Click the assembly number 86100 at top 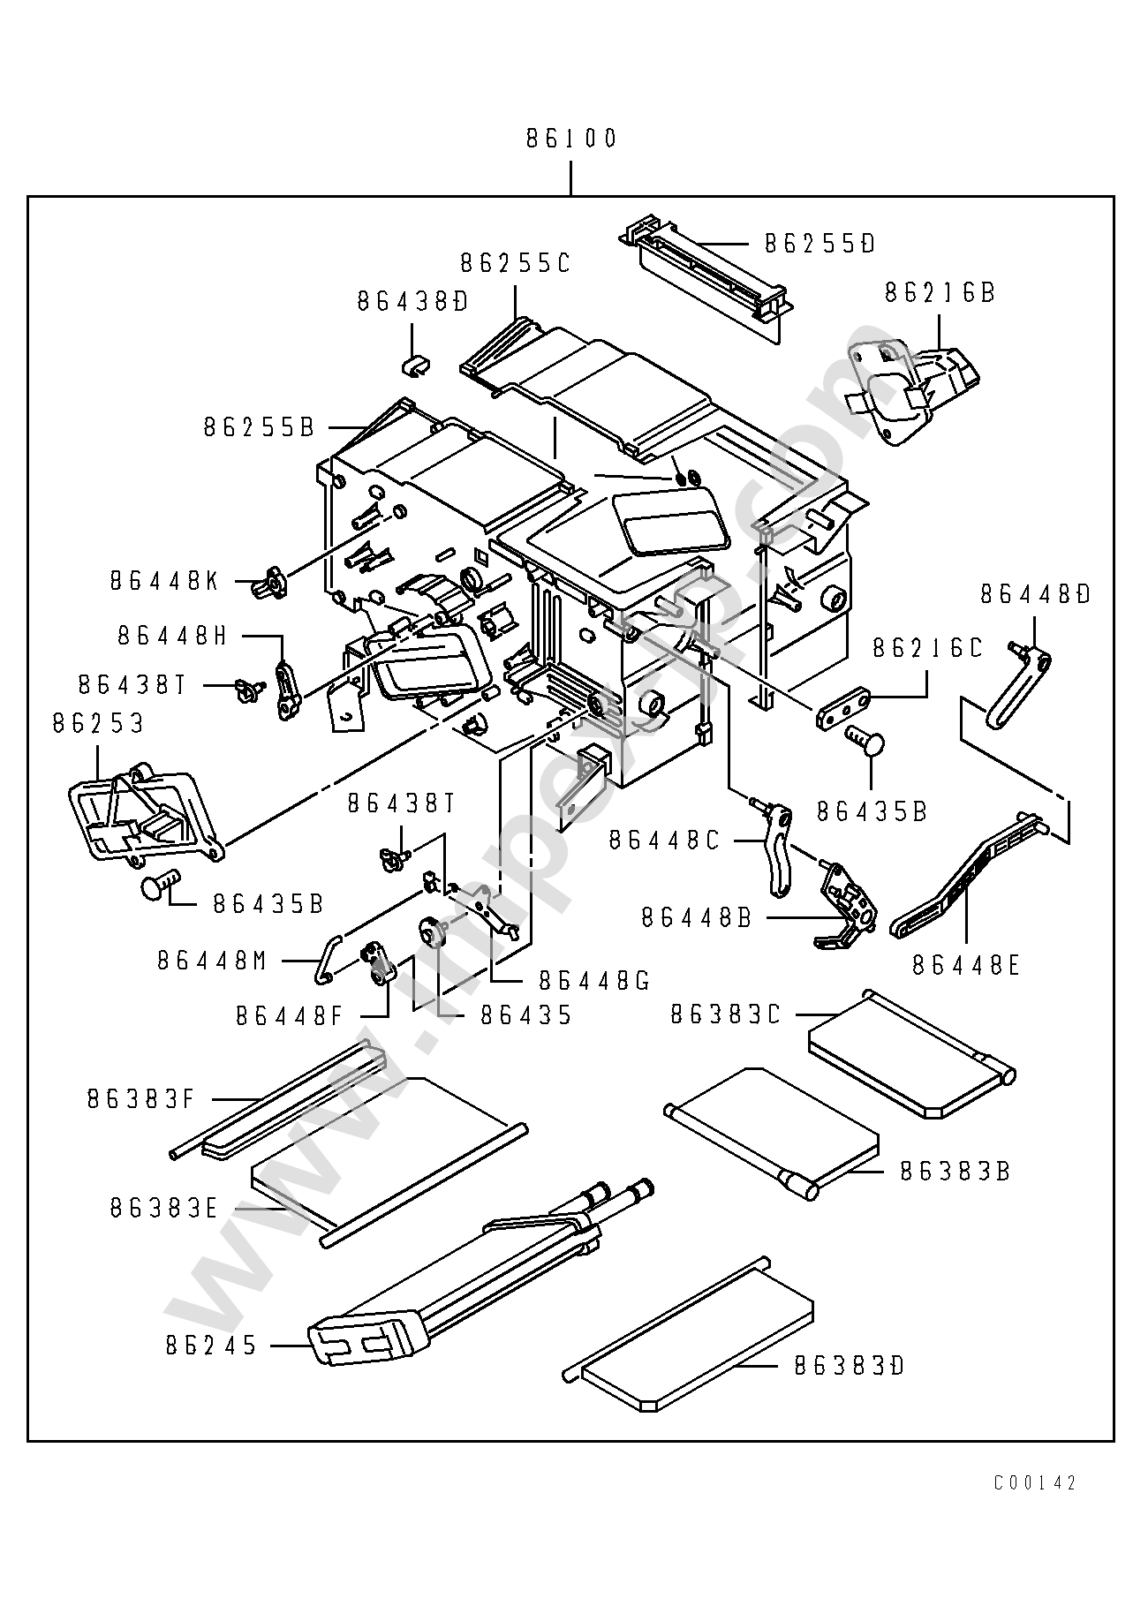coord(571,139)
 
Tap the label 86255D coord(820,244)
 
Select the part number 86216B coord(940,293)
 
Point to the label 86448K coord(164,581)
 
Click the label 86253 coord(97,724)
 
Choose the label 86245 coord(211,1346)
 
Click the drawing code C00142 coord(1035,1483)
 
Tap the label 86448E coord(966,966)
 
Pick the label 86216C coord(927,649)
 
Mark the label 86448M coord(212,961)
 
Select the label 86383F coord(140,1099)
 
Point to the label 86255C coord(515,263)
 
